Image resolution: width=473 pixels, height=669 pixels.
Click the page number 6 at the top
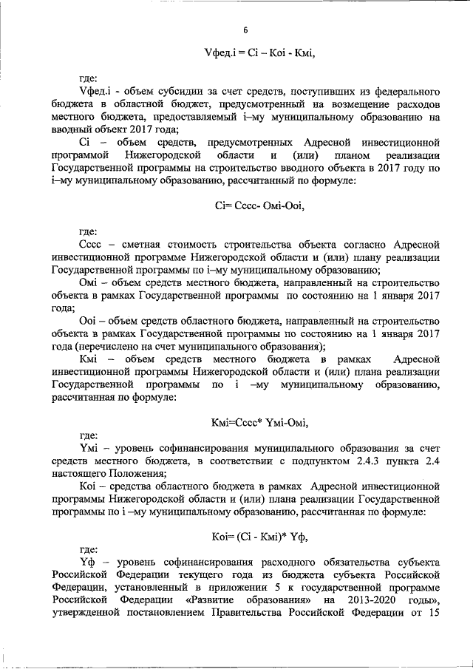coord(245,30)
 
